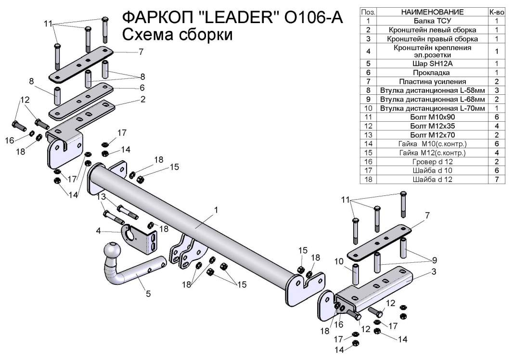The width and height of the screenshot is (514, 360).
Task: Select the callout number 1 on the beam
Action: coord(217,210)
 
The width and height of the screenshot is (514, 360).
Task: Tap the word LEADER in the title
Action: coord(239,18)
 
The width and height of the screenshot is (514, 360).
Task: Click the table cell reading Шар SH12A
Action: coord(432,63)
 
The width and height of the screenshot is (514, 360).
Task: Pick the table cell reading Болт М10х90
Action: coord(432,117)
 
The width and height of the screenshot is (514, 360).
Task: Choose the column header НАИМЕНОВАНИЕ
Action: coord(432,12)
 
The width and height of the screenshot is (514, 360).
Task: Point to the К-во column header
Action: coord(496,12)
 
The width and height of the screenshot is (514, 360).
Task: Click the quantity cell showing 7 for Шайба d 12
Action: coord(496,180)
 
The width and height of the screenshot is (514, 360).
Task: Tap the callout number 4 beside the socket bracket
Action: coord(99,231)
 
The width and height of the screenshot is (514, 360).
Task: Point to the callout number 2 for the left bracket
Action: coord(143,100)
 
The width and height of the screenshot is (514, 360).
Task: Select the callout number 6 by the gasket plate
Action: coord(142,88)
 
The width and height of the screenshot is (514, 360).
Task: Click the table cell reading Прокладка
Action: coord(432,72)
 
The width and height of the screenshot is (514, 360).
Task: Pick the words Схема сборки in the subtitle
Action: coord(178,35)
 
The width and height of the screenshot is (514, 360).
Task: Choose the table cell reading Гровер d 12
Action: coord(432,162)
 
